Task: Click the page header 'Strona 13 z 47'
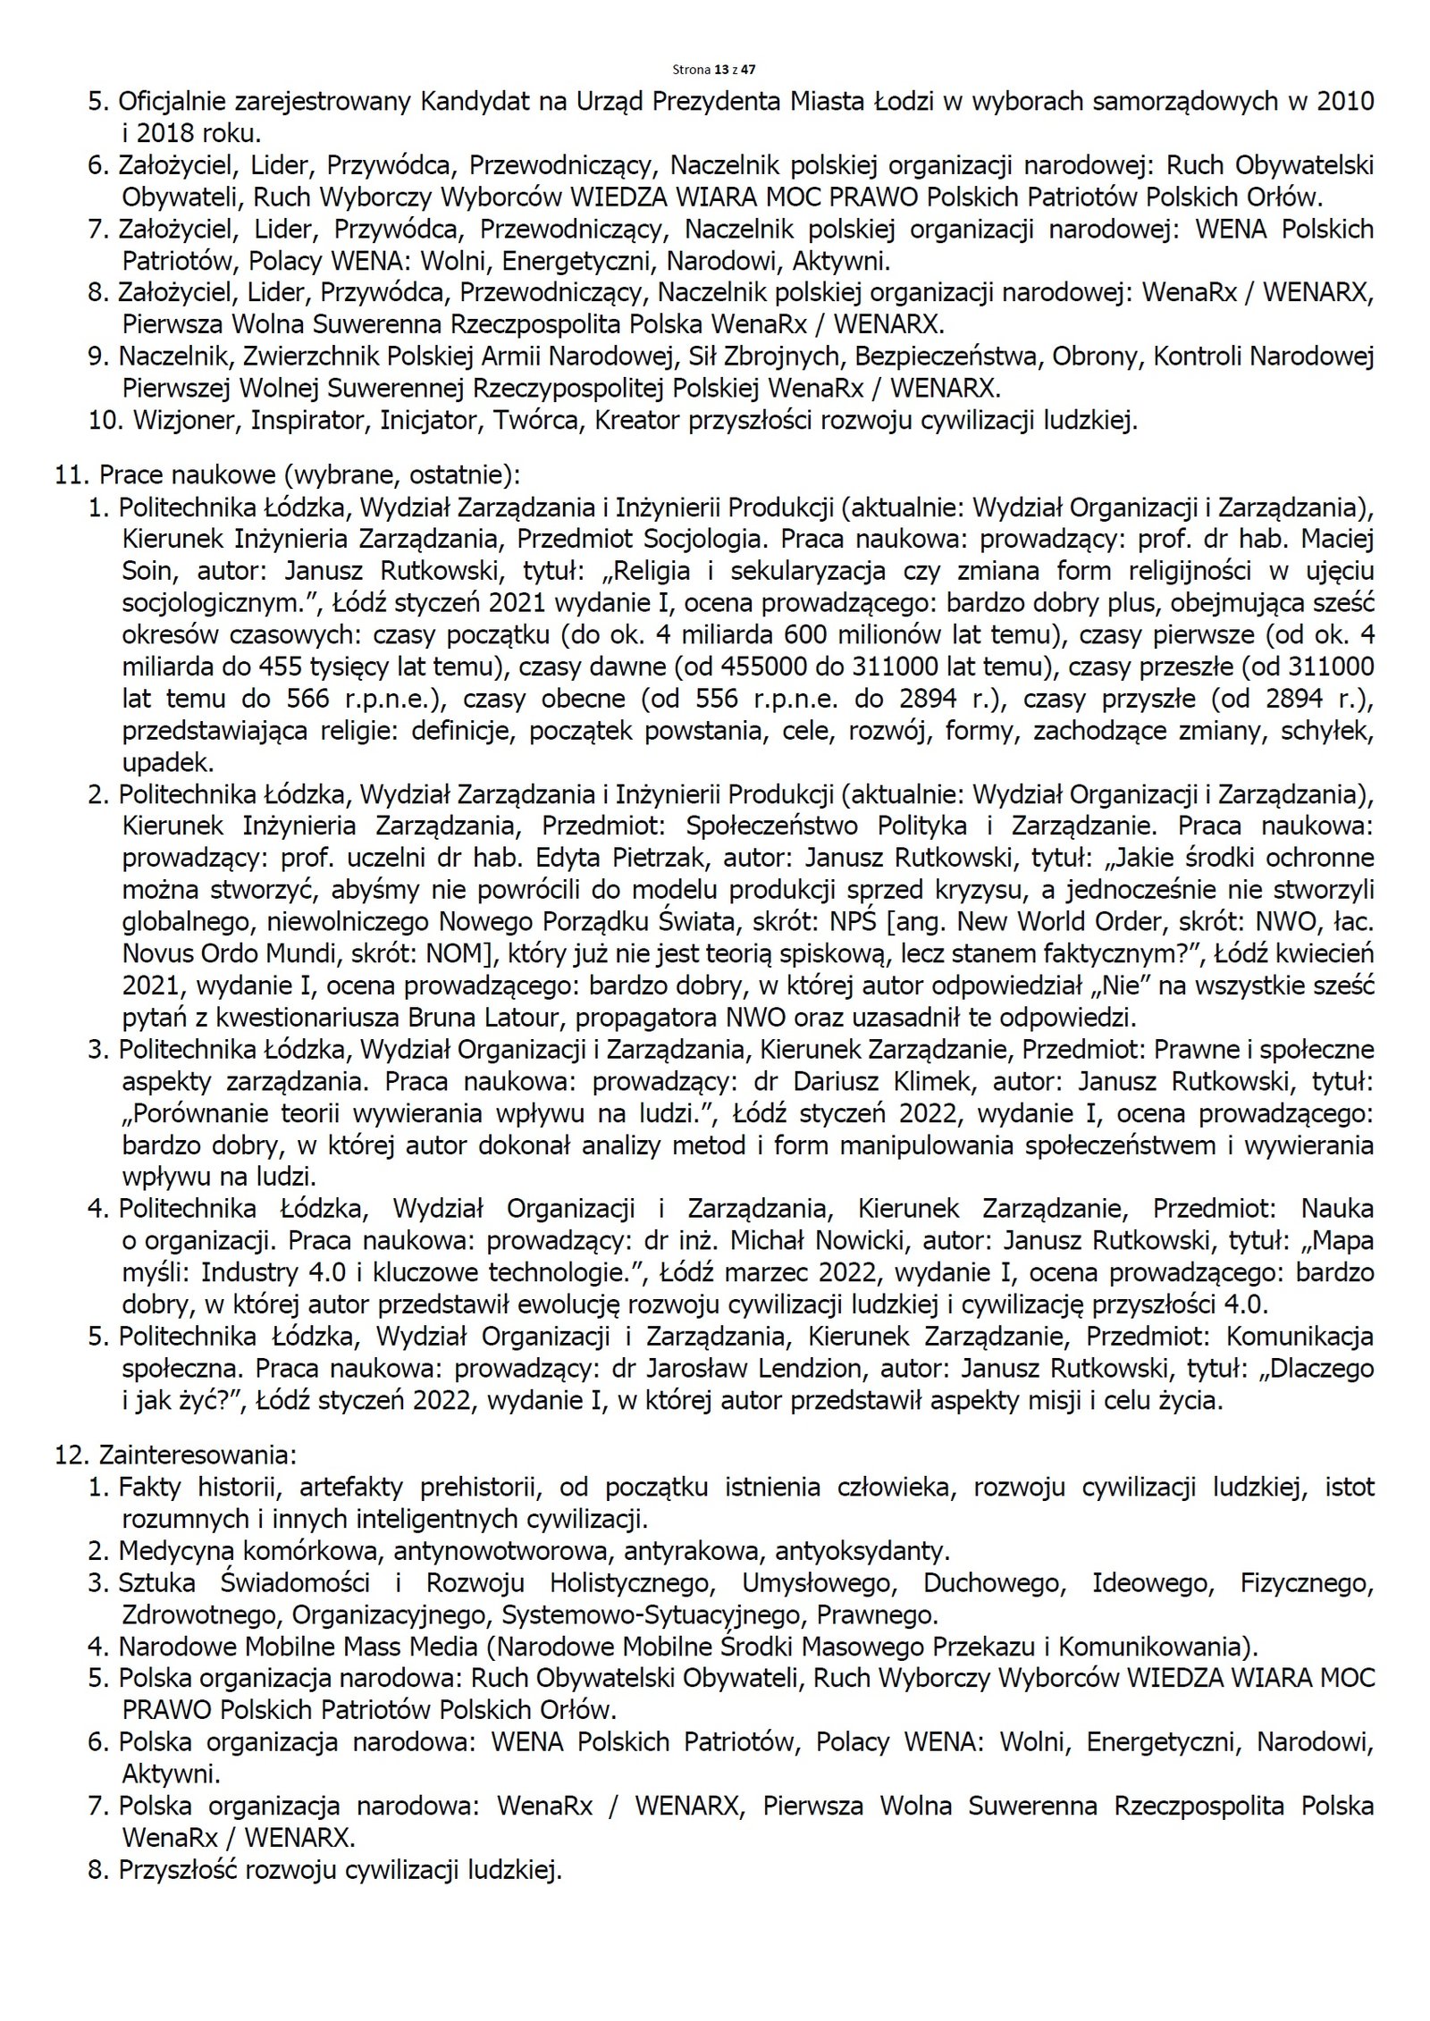click(714, 68)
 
